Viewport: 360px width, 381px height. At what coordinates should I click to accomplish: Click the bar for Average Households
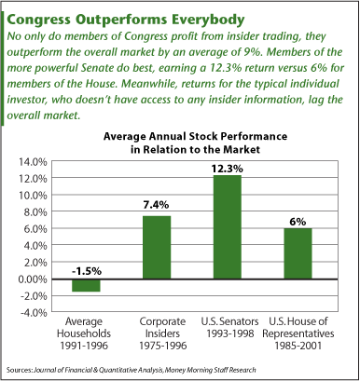[86, 285]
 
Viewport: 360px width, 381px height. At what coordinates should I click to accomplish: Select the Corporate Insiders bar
[157, 248]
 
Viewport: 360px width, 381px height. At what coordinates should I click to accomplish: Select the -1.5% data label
[86, 271]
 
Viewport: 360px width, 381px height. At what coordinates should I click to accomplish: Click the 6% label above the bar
[298, 221]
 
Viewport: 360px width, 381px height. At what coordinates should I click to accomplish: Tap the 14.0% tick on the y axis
[32, 161]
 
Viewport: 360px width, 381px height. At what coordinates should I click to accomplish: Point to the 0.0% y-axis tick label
[34, 279]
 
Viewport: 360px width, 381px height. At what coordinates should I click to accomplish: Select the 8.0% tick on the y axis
[34, 211]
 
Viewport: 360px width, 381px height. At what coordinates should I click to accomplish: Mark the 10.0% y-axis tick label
[32, 195]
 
